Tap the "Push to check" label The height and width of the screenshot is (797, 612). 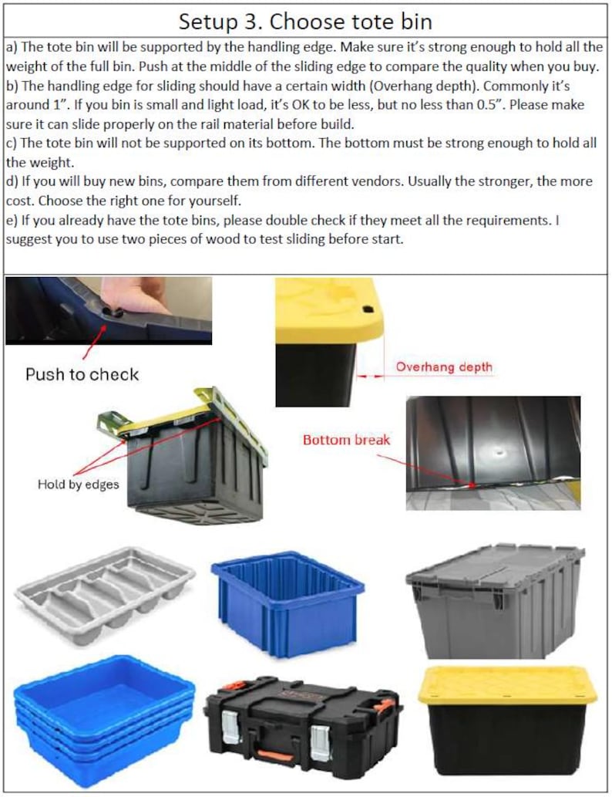[82, 374]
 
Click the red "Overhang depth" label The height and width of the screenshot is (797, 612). [443, 367]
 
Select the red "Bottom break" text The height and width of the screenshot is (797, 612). [346, 441]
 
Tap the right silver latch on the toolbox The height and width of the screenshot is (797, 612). [319, 739]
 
